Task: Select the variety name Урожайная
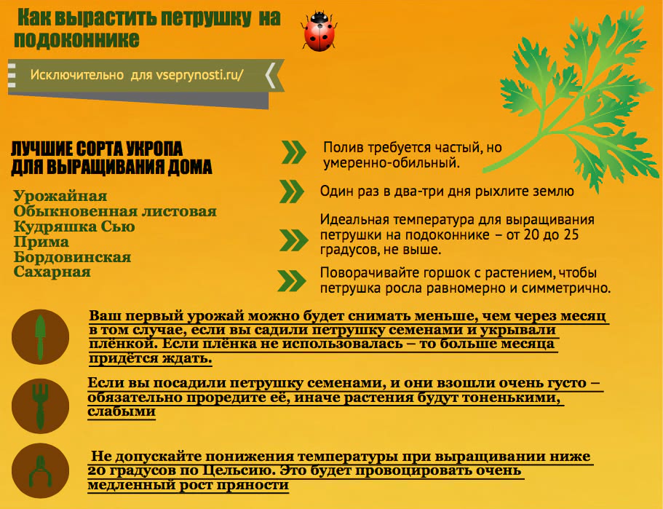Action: pos(60,196)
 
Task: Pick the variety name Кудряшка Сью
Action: pos(74,226)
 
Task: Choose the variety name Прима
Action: pos(41,242)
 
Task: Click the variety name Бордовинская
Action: pos(72,257)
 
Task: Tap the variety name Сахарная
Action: pos(52,272)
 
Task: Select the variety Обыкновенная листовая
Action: pos(115,211)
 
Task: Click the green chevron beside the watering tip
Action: pos(293,151)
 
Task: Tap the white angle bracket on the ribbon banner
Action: pos(270,75)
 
